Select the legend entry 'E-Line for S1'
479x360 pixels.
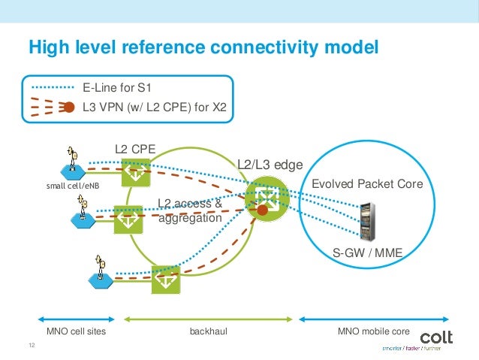(x=122, y=87)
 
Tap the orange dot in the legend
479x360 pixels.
(x=68, y=107)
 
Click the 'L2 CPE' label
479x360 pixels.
(x=134, y=150)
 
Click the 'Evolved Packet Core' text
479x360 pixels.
(x=367, y=183)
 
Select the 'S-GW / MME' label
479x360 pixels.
(x=368, y=254)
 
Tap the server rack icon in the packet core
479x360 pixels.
(x=367, y=217)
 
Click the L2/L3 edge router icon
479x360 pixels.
(x=264, y=196)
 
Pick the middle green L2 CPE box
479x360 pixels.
(x=126, y=221)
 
